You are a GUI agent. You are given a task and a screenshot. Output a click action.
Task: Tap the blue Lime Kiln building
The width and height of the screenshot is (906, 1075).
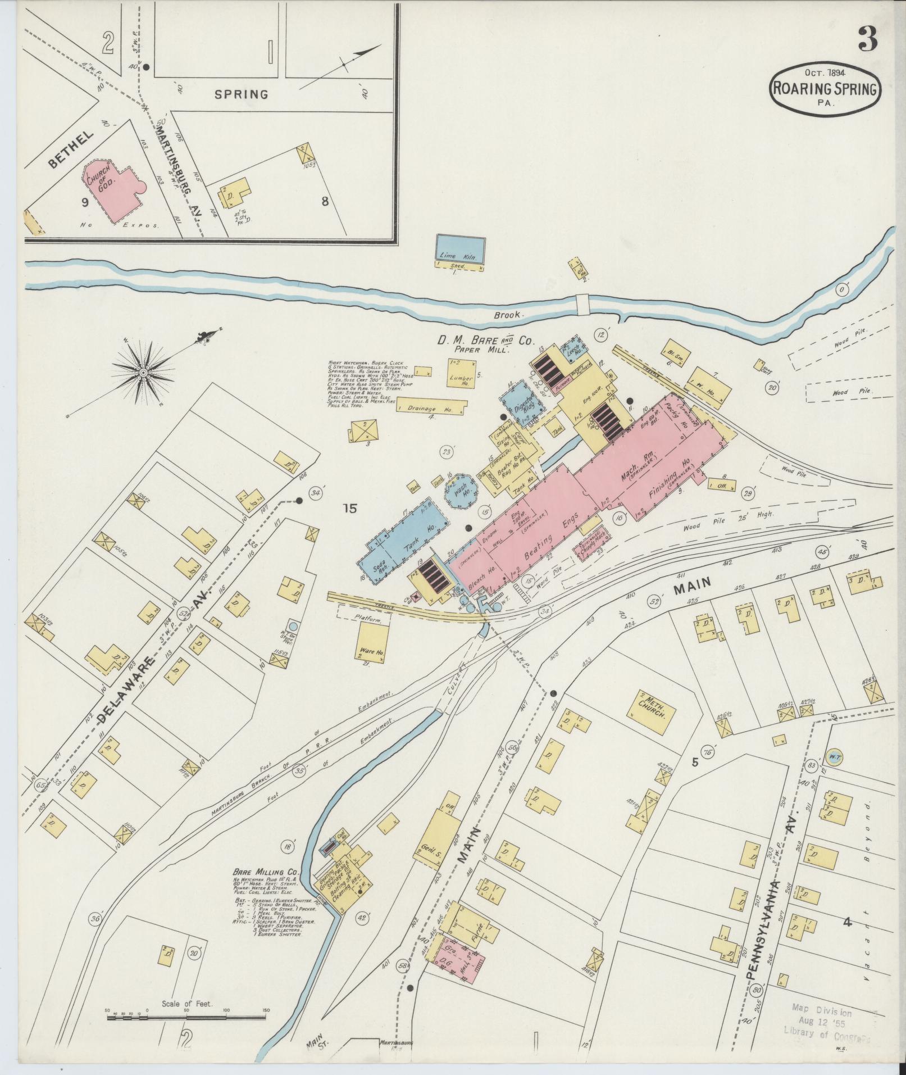(x=461, y=249)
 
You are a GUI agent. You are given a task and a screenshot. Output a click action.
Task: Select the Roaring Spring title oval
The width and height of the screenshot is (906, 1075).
(x=825, y=89)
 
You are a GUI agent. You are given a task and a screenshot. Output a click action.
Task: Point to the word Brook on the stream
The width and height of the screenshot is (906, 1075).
(x=509, y=315)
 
